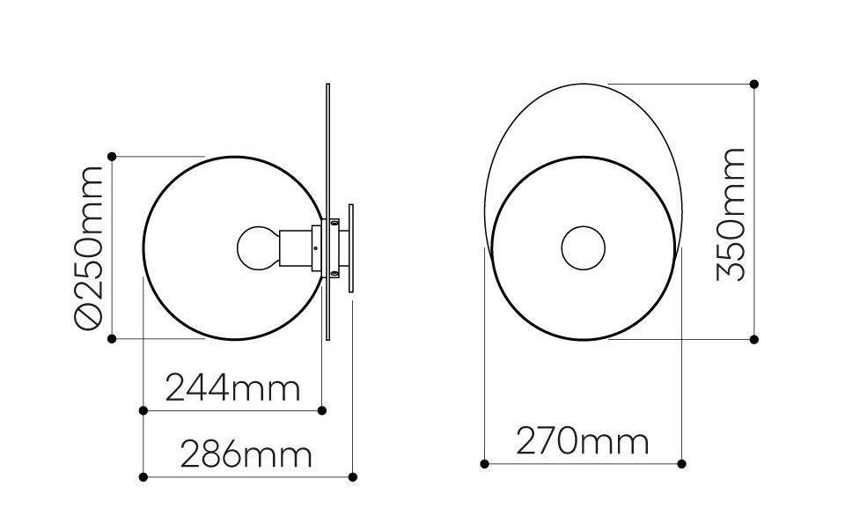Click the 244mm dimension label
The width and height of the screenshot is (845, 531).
point(232,388)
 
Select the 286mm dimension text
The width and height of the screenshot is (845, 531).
point(246,454)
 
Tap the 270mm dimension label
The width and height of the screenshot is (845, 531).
point(582,441)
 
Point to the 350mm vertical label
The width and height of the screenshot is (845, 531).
point(731,214)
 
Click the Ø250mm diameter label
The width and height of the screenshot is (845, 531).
point(88,247)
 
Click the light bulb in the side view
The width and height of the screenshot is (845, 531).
point(259,248)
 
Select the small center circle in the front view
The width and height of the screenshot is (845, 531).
point(583,248)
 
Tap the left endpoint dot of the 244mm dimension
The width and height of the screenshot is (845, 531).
point(143,410)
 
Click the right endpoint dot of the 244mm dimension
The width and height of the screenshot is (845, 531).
point(322,410)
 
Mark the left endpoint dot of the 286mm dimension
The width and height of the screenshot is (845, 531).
point(143,477)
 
